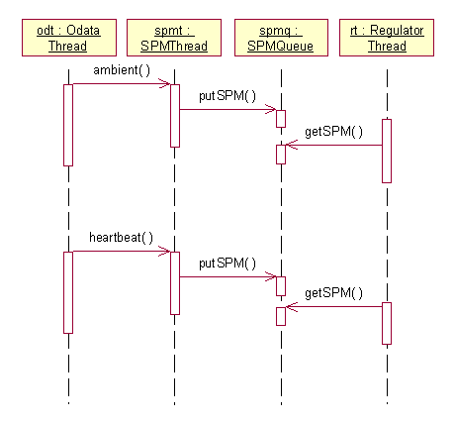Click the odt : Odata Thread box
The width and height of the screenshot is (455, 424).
coord(69,38)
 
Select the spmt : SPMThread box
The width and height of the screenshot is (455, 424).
coord(174,38)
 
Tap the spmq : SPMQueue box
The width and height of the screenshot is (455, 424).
coord(281,38)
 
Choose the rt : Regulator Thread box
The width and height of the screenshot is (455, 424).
coord(387,38)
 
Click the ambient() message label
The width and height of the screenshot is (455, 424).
coord(122,70)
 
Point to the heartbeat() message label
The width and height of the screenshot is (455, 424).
coord(121,238)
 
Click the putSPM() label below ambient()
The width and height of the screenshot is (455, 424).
coord(227,96)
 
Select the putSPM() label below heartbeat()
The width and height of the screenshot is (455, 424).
coord(227,264)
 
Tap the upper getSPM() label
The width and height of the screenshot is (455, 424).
coord(333,132)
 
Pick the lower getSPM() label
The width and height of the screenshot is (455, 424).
coord(333,293)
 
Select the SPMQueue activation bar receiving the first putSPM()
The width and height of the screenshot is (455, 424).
coord(281,119)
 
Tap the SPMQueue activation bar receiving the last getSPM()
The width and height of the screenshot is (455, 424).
coord(281,316)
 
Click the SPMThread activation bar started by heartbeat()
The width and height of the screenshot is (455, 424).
coord(175,283)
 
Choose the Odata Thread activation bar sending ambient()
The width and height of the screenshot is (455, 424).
coord(68,125)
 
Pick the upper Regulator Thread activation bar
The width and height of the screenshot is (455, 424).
coord(387,151)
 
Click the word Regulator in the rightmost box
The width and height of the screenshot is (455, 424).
coord(397,31)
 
